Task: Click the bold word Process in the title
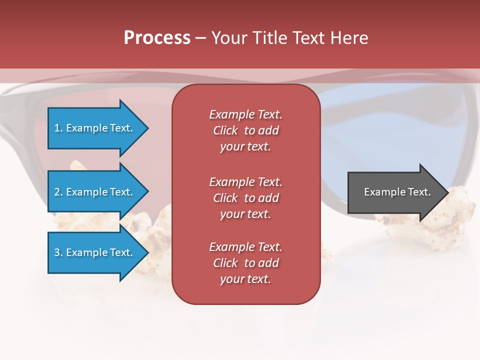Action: [x=157, y=38]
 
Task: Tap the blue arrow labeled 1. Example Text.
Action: [x=95, y=128]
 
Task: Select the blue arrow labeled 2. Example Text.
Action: [x=95, y=192]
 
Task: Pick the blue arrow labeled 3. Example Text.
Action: [x=95, y=252]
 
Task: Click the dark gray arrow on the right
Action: [x=395, y=192]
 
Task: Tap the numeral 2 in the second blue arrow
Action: [x=57, y=192]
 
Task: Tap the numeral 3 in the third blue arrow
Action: [x=57, y=252]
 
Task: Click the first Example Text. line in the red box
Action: [x=245, y=114]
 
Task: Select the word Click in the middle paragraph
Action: [x=225, y=198]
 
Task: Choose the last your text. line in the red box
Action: [x=245, y=279]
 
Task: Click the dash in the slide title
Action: [x=200, y=38]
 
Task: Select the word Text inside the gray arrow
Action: [x=419, y=192]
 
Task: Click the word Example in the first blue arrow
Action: [x=86, y=128]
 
